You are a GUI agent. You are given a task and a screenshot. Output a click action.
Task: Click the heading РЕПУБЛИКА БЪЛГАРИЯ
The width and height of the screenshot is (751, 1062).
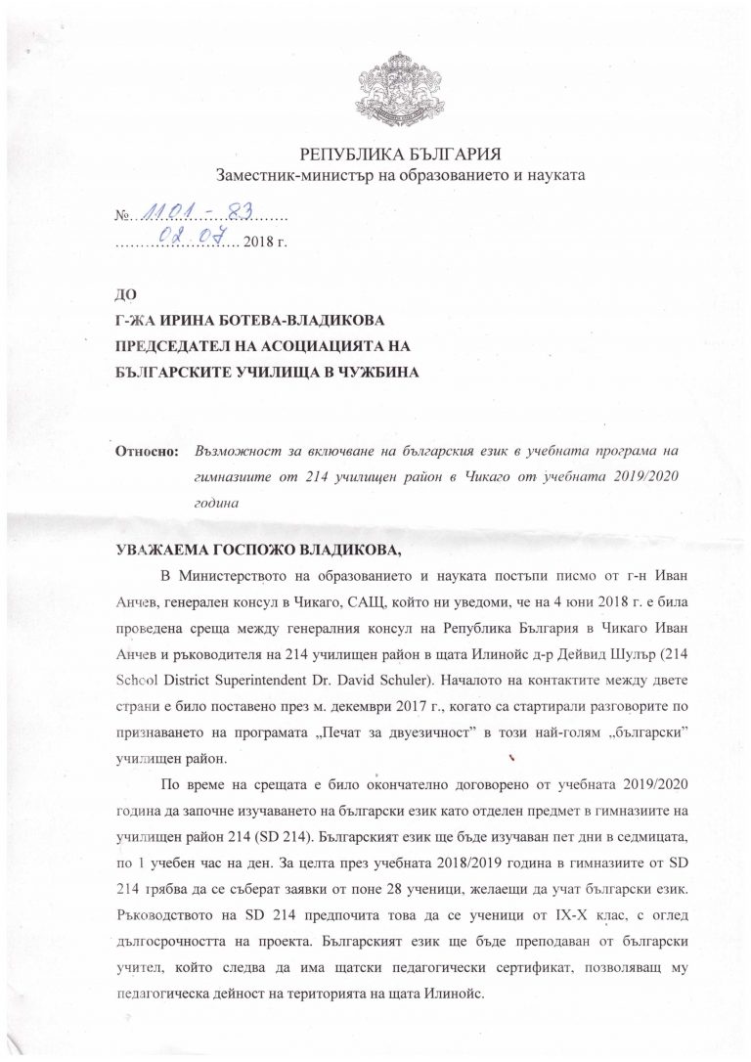coord(401,156)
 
